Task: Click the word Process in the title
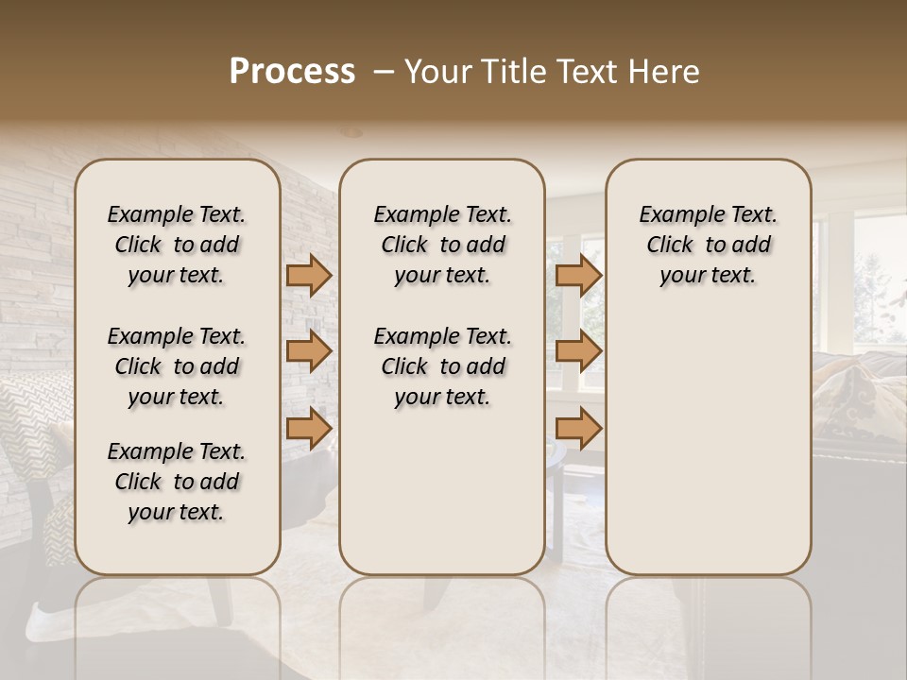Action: [x=292, y=72]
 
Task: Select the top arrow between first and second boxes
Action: [x=309, y=275]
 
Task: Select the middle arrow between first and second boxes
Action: [x=309, y=351]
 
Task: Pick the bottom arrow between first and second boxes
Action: [x=309, y=428]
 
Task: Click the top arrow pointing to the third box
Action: [x=578, y=275]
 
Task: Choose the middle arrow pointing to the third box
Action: [x=578, y=351]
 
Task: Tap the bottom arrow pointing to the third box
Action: [x=578, y=428]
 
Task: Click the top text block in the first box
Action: [x=177, y=245]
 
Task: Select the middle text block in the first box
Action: [x=177, y=366]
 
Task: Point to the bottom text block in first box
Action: [x=177, y=482]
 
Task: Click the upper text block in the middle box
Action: [x=442, y=245]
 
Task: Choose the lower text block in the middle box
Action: [x=442, y=366]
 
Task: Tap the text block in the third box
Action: [x=709, y=245]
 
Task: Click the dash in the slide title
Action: [x=384, y=72]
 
